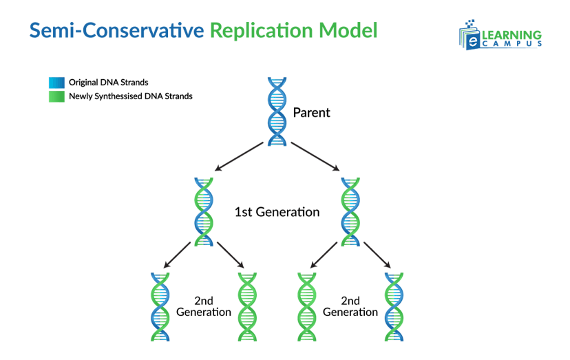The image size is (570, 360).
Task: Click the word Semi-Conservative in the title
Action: pyautogui.click(x=116, y=30)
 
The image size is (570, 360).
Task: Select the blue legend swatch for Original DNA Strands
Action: pyautogui.click(x=56, y=83)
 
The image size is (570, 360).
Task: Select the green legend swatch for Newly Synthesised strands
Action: pyautogui.click(x=56, y=96)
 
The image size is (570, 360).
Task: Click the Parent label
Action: pyautogui.click(x=311, y=112)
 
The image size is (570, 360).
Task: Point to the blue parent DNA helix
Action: pyautogui.click(x=277, y=111)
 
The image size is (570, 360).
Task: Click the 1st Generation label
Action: pyautogui.click(x=277, y=212)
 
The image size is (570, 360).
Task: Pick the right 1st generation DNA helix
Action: pyautogui.click(x=351, y=211)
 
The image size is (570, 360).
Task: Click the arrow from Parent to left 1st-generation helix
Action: pyautogui.click(x=239, y=156)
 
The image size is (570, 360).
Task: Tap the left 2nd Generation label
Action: pyautogui.click(x=203, y=306)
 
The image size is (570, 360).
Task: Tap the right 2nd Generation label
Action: pyautogui.click(x=350, y=306)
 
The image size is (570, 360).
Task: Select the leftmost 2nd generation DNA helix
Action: pyautogui.click(x=160, y=306)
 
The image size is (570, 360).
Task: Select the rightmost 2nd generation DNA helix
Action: pyautogui.click(x=394, y=306)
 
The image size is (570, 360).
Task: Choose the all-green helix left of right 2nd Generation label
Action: pyautogui.click(x=306, y=306)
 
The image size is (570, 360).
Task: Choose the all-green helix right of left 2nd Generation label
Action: pyautogui.click(x=247, y=306)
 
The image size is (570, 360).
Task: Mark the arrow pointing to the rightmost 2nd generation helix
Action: pyautogui.click(x=377, y=255)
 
